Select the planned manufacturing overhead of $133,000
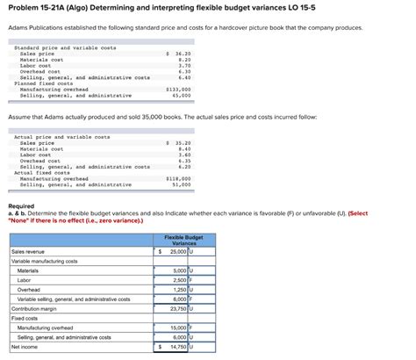pyautogui.click(x=178, y=89)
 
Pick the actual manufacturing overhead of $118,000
pyautogui.click(x=178, y=178)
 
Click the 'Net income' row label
pyautogui.click(x=25, y=346)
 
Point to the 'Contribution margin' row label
pyautogui.click(x=35, y=308)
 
